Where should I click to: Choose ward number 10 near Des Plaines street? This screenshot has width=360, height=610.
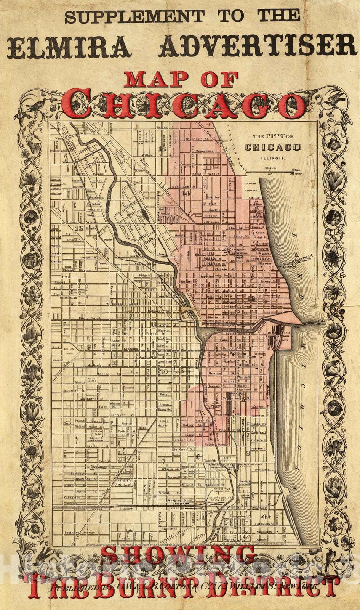tap(164, 372)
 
